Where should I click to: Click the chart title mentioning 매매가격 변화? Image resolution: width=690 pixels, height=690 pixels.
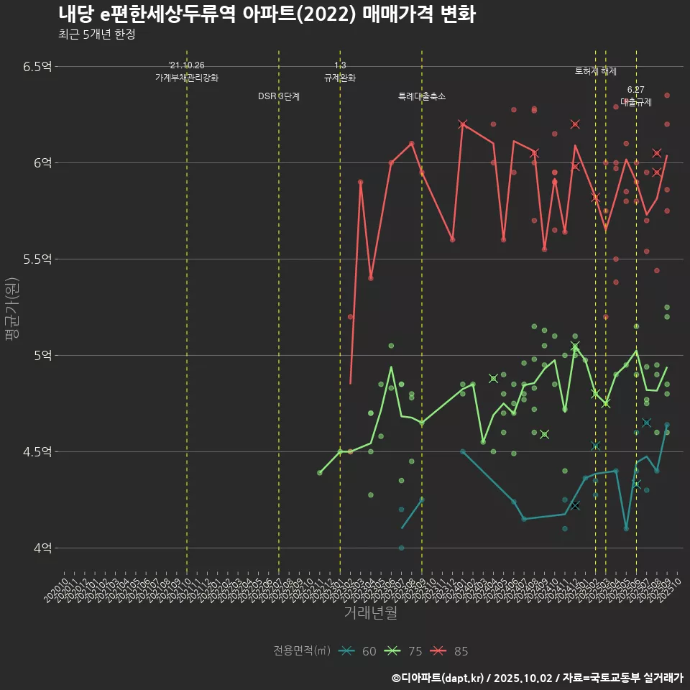click(x=267, y=14)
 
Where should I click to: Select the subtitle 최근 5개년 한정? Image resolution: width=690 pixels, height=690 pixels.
click(x=96, y=34)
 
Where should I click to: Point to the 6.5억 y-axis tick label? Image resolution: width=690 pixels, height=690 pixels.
click(x=37, y=66)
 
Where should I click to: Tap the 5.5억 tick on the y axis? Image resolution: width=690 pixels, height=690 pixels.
click(x=37, y=259)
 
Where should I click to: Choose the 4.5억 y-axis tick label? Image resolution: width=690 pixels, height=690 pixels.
click(x=37, y=451)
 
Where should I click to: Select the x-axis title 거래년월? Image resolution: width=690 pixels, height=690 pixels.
click(x=370, y=612)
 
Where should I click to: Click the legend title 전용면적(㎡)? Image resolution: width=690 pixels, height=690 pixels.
click(x=302, y=651)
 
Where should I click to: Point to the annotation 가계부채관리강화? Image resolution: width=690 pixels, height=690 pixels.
click(x=187, y=77)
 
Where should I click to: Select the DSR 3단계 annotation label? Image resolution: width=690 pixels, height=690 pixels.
click(x=279, y=96)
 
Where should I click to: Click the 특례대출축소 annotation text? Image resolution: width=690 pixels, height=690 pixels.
click(x=422, y=96)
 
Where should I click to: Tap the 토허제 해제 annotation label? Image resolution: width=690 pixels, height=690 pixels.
click(x=596, y=71)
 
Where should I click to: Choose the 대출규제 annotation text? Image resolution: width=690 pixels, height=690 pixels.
click(x=636, y=102)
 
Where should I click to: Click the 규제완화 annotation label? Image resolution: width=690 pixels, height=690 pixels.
click(x=340, y=78)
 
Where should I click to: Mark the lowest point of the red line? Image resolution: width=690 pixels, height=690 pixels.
click(x=350, y=383)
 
